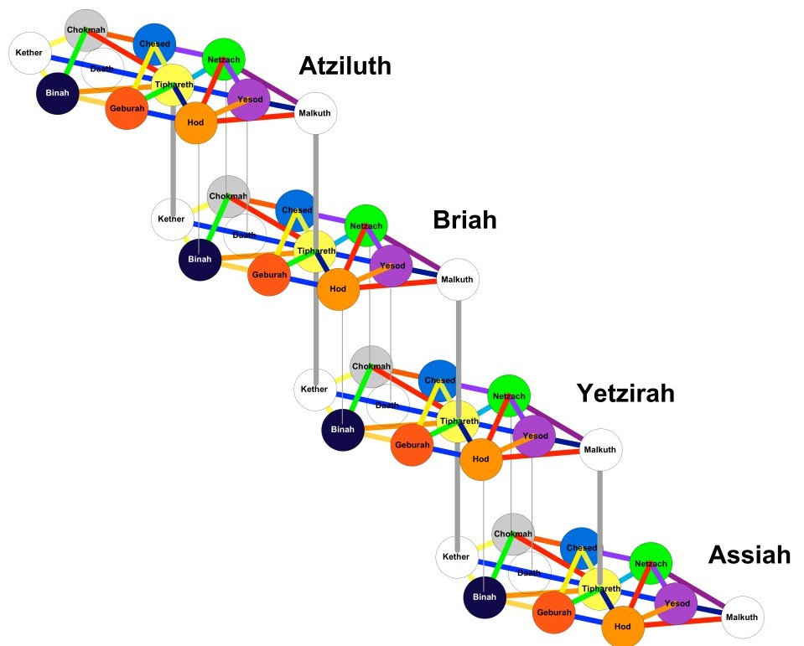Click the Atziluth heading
tap(345, 65)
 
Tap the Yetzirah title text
tap(625, 392)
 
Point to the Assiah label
tap(750, 554)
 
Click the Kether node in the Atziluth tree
tap(29, 54)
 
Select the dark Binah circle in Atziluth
tap(56, 93)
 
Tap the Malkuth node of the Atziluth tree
tap(315, 113)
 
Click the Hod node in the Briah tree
tap(338, 289)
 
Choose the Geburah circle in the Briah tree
tap(269, 275)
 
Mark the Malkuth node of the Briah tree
tap(458, 280)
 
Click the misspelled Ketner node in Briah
tap(171, 220)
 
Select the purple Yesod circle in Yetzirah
tap(535, 437)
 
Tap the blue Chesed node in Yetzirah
tap(439, 380)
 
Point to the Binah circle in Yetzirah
tap(342, 430)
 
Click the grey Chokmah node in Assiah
tap(513, 535)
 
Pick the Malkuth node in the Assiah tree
tap(743, 618)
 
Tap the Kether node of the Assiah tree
tap(457, 557)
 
